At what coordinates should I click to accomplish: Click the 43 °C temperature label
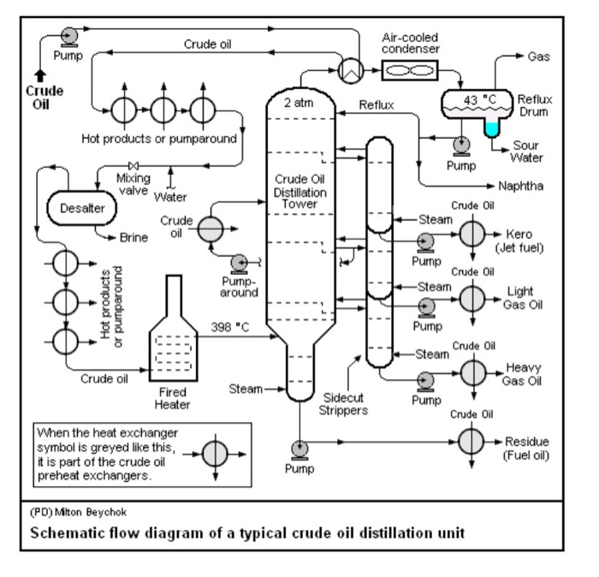[480, 99]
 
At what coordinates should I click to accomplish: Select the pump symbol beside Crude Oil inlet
[66, 35]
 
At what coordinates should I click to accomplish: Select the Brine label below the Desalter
[110, 237]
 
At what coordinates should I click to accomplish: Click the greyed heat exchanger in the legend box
[203, 449]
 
